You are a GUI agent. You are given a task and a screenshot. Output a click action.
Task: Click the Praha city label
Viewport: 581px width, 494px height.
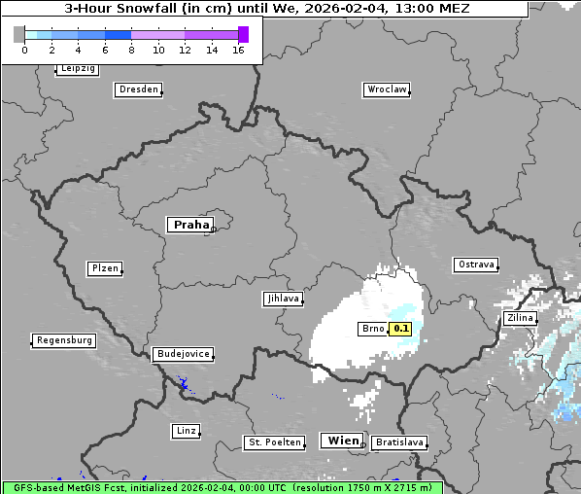click(190, 225)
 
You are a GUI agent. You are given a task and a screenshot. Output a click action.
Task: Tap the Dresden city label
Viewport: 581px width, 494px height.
click(138, 89)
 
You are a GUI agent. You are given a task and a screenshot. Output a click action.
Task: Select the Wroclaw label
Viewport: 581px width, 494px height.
click(386, 89)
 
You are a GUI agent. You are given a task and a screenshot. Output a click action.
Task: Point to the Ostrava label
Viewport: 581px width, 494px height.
click(476, 265)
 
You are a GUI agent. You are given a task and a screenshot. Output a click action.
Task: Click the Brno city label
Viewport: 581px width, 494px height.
click(373, 329)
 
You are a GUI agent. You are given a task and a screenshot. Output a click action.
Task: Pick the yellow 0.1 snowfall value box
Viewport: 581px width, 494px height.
click(401, 329)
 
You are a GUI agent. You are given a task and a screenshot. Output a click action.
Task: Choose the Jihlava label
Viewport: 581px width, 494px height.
click(283, 299)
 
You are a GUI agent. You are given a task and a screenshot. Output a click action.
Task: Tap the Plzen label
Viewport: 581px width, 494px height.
click(104, 268)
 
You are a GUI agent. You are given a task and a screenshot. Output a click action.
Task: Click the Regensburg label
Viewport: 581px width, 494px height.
click(64, 340)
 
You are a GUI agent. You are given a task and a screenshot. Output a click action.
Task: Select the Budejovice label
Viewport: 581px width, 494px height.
click(183, 354)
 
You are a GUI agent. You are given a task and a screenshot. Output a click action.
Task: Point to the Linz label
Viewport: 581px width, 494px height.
click(186, 430)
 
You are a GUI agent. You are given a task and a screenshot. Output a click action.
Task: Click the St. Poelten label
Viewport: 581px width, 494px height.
click(271, 442)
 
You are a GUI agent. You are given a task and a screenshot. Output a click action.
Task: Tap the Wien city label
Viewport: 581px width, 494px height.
click(343, 441)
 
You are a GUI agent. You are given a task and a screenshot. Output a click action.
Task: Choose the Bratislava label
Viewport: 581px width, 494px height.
click(399, 442)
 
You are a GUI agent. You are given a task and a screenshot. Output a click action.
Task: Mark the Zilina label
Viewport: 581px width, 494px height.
click(520, 318)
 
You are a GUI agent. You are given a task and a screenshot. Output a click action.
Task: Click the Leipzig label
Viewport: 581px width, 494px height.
click(77, 68)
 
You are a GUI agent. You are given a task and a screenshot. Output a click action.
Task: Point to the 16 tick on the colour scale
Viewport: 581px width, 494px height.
click(238, 50)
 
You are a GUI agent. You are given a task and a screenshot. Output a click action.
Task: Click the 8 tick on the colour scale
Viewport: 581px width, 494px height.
click(131, 50)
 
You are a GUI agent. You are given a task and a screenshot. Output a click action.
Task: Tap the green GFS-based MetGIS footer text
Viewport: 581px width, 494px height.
click(222, 487)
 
